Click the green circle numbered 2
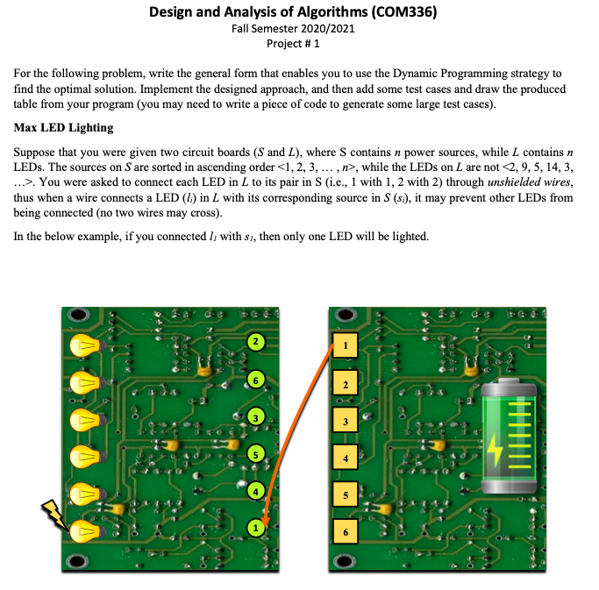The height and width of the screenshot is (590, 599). (x=255, y=341)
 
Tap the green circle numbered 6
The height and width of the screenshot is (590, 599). (x=255, y=380)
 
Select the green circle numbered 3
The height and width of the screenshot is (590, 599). (x=255, y=416)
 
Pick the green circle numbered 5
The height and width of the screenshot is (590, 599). (x=255, y=454)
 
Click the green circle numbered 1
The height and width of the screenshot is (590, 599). (x=255, y=528)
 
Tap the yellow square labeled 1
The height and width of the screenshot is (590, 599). (x=346, y=345)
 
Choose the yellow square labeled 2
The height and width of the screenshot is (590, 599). (x=346, y=384)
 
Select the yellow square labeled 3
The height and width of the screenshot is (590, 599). (x=346, y=422)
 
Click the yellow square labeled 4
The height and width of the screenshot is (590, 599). (x=346, y=458)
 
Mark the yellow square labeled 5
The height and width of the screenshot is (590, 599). (x=346, y=494)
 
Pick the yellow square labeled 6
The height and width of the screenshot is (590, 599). (x=346, y=531)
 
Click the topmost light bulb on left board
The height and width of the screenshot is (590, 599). (x=87, y=345)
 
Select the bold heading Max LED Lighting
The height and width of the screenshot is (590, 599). (x=64, y=128)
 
